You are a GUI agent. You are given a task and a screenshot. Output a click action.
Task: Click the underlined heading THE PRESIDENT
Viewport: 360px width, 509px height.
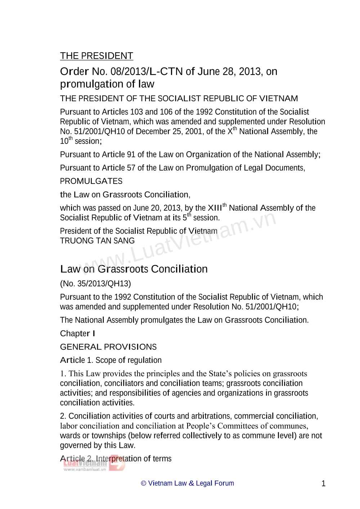(96, 56)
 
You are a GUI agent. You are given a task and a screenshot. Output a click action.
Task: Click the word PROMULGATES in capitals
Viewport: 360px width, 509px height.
(91, 181)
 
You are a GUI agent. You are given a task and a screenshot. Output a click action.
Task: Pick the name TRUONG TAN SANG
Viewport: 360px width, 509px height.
(97, 241)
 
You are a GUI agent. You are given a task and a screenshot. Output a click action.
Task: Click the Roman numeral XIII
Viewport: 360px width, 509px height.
(215, 208)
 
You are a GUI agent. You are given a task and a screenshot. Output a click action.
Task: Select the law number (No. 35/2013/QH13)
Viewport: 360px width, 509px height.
(95, 284)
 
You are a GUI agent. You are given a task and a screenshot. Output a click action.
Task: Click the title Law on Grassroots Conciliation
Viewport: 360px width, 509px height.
(134, 269)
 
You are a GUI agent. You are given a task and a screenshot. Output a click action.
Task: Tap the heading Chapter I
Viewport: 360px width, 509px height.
(77, 333)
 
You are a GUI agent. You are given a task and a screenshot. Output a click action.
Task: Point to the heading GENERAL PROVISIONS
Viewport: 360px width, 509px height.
(108, 347)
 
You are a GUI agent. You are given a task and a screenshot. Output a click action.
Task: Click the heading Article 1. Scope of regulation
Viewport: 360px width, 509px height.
(111, 360)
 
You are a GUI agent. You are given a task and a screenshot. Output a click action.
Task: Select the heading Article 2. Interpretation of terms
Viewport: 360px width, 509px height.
(116, 459)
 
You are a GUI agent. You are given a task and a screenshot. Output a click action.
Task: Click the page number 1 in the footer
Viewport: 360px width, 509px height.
(323, 483)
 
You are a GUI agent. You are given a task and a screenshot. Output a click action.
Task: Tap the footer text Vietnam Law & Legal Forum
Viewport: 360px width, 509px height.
(191, 483)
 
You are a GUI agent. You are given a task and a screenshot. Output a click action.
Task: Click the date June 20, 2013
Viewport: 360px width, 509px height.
(157, 208)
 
